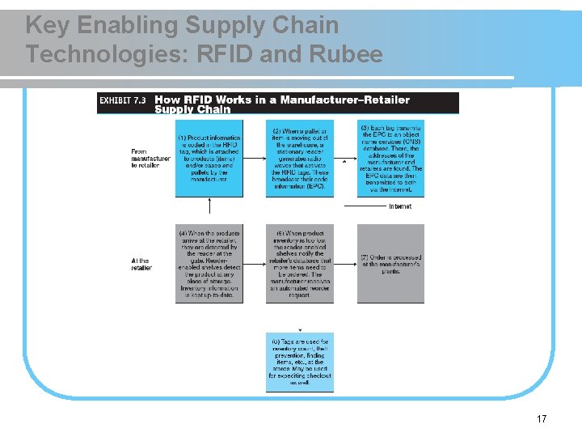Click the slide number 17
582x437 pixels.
[542, 418]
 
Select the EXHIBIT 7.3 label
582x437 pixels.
[123, 100]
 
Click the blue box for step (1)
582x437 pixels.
[209, 159]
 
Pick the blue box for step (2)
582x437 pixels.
[299, 159]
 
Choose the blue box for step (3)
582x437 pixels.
[390, 159]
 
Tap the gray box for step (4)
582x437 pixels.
[209, 264]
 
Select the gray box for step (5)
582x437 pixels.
[299, 264]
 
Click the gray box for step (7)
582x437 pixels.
[390, 264]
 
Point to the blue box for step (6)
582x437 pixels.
[299, 362]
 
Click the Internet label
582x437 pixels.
[400, 206]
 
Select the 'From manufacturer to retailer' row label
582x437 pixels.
[150, 158]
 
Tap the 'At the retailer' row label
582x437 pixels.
[141, 264]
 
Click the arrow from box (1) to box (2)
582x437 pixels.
[254, 159]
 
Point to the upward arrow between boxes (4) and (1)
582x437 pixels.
[209, 210]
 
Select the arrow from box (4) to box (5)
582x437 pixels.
[254, 264]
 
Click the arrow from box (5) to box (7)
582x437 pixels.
[344, 264]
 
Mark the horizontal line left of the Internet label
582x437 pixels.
[365, 206]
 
